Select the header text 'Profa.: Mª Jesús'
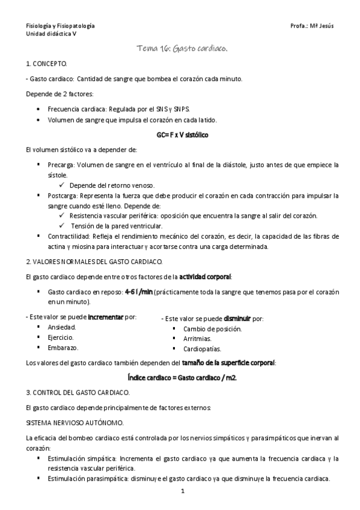[x=311, y=27]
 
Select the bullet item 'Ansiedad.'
[x=62, y=327]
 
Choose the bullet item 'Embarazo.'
[x=63, y=348]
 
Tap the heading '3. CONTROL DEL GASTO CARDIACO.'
[x=77, y=393]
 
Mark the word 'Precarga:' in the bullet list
[x=62, y=165]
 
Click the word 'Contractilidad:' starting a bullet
[x=70, y=236]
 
